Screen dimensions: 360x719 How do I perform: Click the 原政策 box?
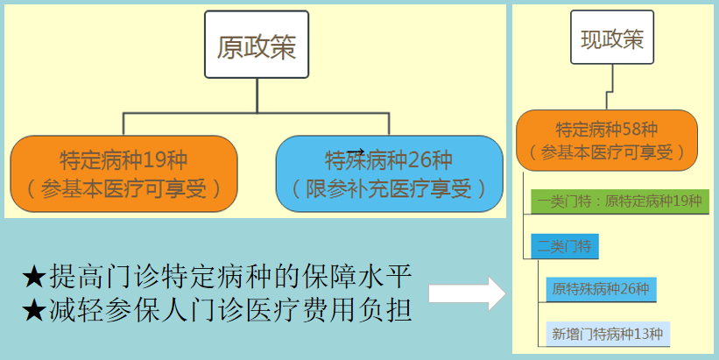coord(256,46)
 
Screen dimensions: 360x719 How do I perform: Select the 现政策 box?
coord(612,39)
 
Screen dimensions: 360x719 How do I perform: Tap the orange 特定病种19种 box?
coord(123,173)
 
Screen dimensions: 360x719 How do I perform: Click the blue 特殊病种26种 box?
coord(389,173)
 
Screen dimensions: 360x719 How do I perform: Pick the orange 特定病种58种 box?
coord(606,140)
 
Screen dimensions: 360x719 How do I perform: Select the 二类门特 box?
coord(564,247)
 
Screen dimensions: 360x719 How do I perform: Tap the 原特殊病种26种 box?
coord(601,289)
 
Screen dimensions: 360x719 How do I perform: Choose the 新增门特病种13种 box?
coord(607,333)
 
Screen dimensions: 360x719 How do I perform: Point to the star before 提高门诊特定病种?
coord(33,278)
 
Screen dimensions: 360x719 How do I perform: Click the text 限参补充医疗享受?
coord(388,187)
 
